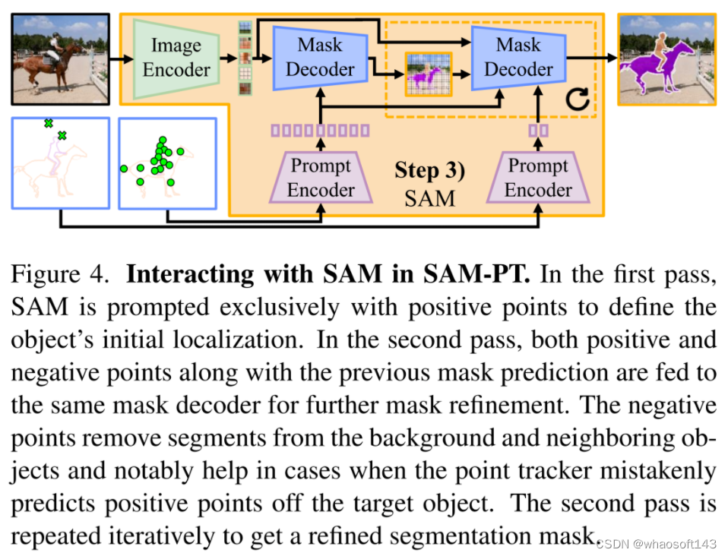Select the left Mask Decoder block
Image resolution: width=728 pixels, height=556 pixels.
coord(318,57)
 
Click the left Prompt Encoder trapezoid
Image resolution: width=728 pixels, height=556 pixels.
coord(321,178)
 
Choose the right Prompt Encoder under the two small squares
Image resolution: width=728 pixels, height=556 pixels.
coord(538,178)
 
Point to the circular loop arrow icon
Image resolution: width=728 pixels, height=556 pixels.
coord(578,99)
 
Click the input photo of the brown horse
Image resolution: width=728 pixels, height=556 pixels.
coord(59,58)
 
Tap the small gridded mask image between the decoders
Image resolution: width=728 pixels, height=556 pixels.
coord(428,74)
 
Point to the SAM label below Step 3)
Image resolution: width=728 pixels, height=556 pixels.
coord(429,198)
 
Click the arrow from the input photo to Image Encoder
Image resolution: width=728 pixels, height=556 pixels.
coord(120,58)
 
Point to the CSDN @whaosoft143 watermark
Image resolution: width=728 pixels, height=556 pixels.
coord(658,544)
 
